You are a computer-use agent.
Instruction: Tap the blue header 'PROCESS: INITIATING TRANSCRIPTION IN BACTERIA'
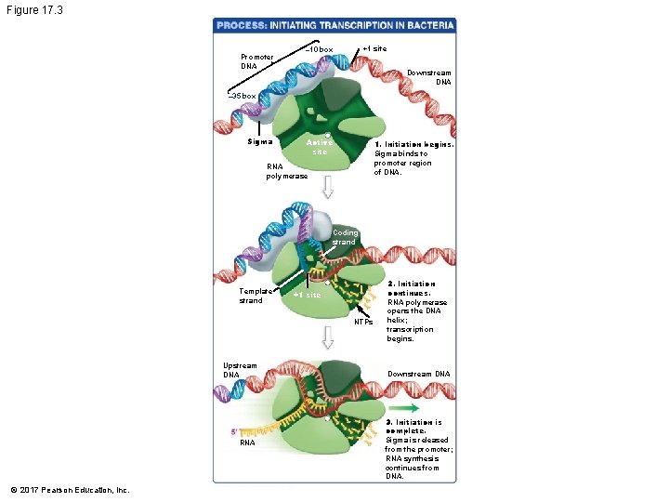[335, 25]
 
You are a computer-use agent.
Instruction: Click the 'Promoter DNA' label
[256, 61]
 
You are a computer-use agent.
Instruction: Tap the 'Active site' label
[320, 147]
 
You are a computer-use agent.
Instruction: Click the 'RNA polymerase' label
[287, 171]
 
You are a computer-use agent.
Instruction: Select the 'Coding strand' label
[345, 238]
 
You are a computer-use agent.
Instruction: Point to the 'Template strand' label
[256, 296]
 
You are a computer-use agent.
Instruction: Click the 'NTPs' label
[362, 323]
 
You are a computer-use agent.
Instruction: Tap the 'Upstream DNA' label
[240, 370]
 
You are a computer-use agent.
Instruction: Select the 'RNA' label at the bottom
[246, 443]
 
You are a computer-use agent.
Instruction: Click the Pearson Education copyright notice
[71, 490]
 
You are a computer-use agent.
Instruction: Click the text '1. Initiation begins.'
[413, 145]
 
